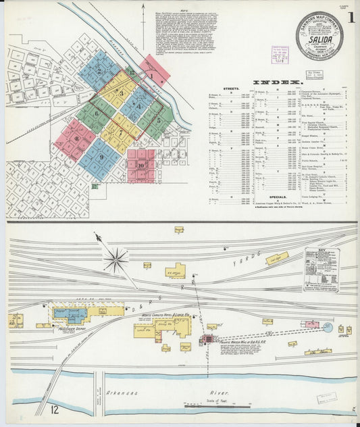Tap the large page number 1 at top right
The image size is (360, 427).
pos(352,18)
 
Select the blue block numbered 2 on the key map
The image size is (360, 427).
pos(99,70)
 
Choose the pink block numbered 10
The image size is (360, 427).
pos(141,166)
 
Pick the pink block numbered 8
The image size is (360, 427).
pos(75,139)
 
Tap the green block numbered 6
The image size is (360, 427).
pos(96,114)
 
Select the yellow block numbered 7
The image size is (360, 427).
pos(122,132)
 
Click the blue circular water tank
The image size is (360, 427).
pos(328,328)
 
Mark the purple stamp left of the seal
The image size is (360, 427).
pos(280,54)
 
